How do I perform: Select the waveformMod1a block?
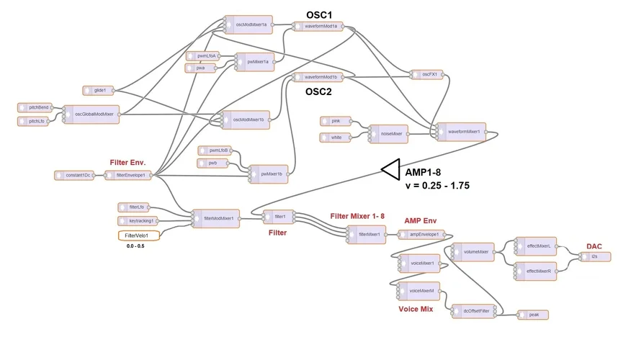click(x=318, y=26)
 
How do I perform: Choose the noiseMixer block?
click(x=388, y=132)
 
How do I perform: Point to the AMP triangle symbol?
click(x=390, y=169)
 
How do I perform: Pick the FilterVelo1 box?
click(x=138, y=235)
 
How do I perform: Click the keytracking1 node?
click(x=138, y=221)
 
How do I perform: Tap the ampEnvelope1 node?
click(x=423, y=234)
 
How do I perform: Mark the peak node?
click(x=534, y=315)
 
